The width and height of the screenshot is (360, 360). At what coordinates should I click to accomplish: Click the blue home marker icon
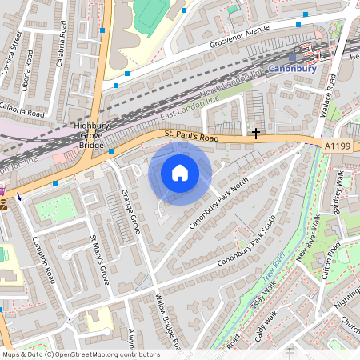coord(180,172)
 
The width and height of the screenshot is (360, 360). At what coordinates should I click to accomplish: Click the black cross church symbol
coord(256,133)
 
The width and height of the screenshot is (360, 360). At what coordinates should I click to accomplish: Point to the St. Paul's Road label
coord(192,137)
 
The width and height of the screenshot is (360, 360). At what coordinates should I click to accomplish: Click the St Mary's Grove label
coord(98,260)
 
